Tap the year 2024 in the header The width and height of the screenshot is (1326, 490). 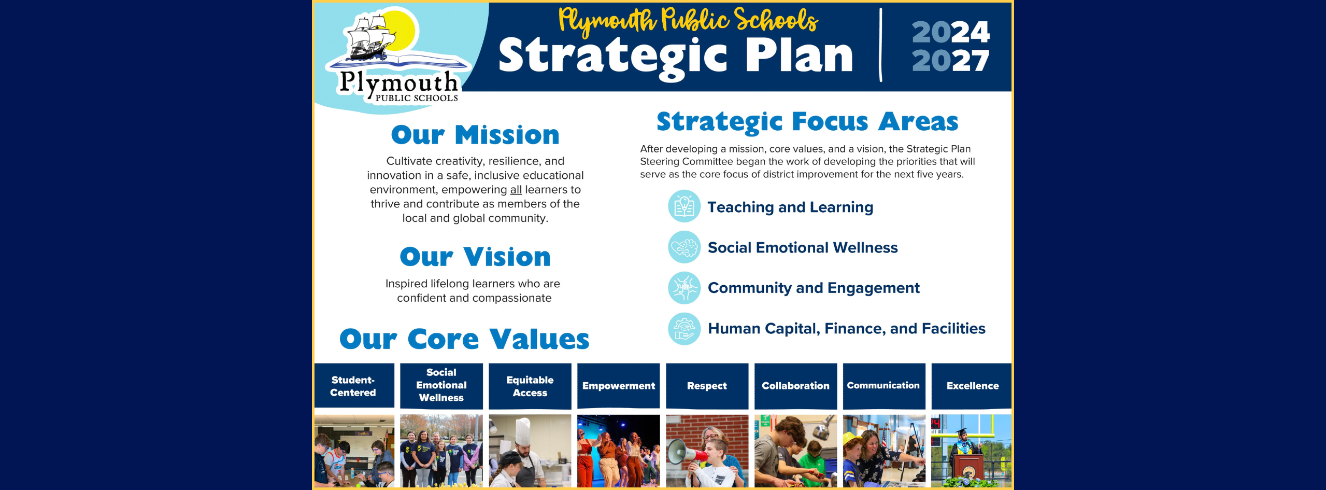pos(950,32)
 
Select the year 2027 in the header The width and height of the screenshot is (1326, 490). pos(950,61)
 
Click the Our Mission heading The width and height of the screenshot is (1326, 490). pos(475,135)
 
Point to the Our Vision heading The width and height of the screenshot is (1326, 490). pos(475,257)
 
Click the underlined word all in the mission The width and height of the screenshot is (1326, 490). pos(516,190)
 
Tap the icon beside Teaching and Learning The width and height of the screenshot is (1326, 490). pos(684,206)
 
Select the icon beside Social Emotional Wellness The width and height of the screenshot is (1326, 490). pos(684,247)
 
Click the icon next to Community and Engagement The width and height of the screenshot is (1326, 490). pos(684,288)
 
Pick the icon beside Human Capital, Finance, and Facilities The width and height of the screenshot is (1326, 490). pos(684,328)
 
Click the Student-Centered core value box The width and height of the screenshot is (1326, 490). pos(353,386)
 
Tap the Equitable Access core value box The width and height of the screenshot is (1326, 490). pos(530,386)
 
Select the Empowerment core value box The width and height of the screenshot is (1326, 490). pos(618,386)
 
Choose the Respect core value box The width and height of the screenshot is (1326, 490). pos(707,386)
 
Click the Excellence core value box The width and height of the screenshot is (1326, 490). pos(972,386)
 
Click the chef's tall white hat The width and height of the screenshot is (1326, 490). pos(523,431)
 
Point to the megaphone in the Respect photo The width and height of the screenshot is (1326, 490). pos(682,453)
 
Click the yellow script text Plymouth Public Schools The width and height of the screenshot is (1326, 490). pos(688,21)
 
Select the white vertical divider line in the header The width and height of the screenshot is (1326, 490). pos(880,45)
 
